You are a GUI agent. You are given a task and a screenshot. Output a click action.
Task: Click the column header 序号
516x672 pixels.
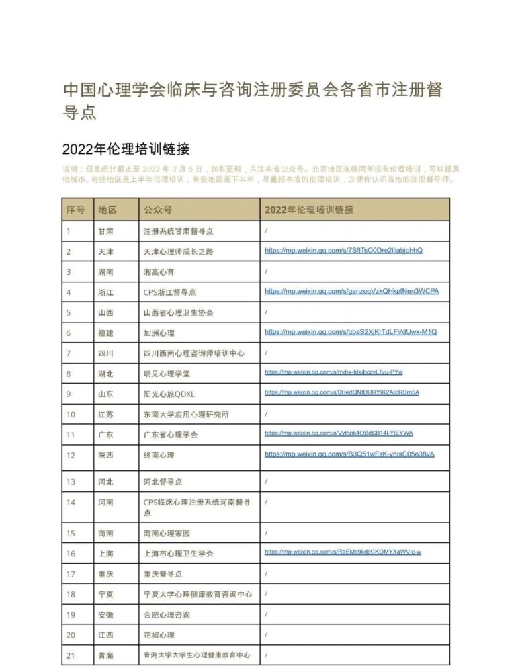[75, 210]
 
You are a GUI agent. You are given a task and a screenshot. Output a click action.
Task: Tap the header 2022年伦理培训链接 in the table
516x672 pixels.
[308, 210]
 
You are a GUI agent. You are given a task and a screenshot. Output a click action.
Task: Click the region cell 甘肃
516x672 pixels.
[105, 230]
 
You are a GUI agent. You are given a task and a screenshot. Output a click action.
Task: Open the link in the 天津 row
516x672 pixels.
[343, 251]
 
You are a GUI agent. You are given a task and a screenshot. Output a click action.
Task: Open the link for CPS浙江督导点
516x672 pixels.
[351, 292]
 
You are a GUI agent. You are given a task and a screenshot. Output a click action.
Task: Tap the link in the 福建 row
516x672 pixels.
[351, 332]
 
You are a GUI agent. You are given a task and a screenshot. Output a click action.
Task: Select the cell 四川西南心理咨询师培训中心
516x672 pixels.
[193, 353]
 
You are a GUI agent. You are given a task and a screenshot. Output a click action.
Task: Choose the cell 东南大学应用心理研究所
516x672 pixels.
[186, 414]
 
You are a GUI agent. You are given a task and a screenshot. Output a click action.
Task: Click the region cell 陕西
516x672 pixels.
[105, 455]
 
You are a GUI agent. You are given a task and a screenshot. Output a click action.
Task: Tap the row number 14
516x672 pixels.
[71, 502]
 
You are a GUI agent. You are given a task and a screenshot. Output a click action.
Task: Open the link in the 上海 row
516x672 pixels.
[343, 552]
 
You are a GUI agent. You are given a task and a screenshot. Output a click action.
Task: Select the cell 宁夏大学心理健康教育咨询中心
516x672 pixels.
[198, 594]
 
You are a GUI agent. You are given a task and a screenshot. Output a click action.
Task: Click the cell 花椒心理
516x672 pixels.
[159, 635]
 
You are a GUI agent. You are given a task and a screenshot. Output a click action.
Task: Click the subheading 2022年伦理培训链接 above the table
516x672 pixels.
[126, 149]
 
